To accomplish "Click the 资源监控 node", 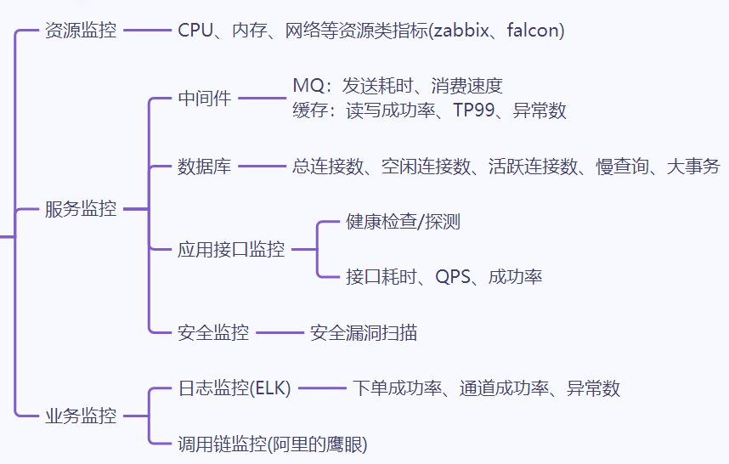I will tap(80, 31).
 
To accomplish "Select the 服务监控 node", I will tap(80, 209).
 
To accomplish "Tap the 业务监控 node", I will tap(80, 416).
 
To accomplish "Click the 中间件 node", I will tap(204, 99).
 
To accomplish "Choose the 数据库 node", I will tap(204, 167).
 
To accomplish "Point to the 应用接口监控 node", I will tap(231, 250).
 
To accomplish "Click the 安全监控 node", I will tap(213, 333).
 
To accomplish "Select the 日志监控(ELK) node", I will tap(235, 388).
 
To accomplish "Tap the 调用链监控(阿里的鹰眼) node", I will tap(272, 444).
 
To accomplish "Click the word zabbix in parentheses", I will tap(464, 31).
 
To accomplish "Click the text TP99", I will tap(472, 110).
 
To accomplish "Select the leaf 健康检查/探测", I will tap(404, 223).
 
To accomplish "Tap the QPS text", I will tap(453, 276).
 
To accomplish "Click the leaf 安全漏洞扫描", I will tap(364, 333).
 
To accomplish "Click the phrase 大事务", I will tap(693, 167).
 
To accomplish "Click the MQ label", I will tap(306, 86).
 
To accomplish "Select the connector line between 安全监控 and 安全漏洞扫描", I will tap(280, 333).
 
